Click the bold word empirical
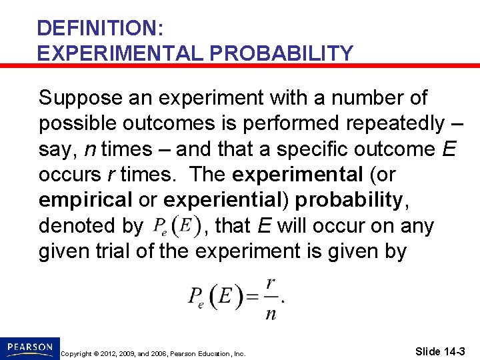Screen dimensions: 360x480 click(85, 200)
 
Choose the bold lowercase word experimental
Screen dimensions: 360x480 click(295, 175)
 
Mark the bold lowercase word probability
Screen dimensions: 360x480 click(349, 200)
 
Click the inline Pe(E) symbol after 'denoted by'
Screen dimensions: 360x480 click(177, 227)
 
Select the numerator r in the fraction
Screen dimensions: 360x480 click(270, 284)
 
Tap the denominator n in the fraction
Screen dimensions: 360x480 click(270, 313)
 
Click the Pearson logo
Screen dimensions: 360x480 click(30, 347)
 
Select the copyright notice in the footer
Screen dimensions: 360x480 click(152, 353)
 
